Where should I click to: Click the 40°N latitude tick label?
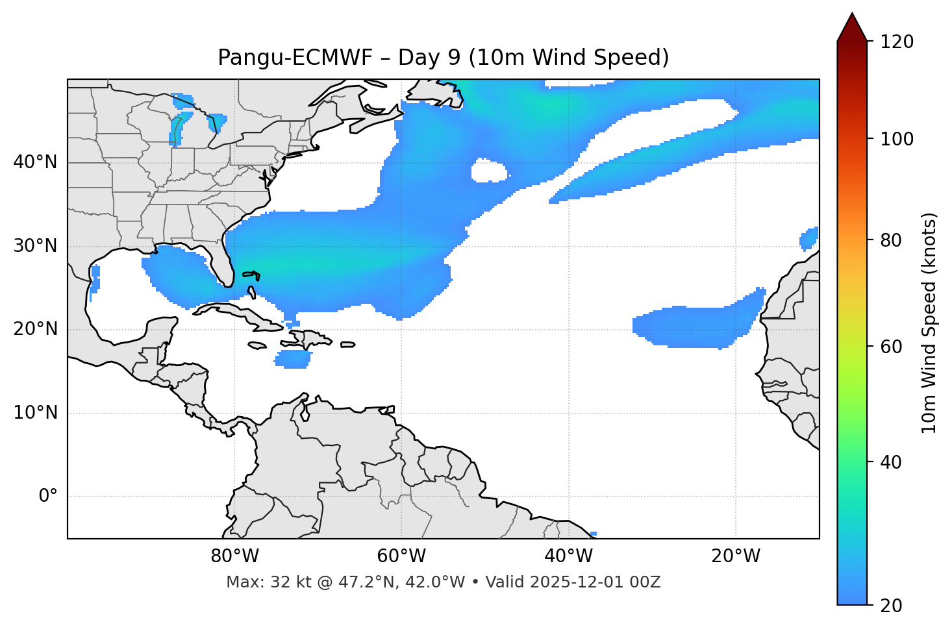pyautogui.click(x=35, y=162)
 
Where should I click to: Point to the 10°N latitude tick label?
pyautogui.click(x=35, y=413)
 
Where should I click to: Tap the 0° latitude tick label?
pyautogui.click(x=48, y=497)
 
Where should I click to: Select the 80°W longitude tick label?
pyautogui.click(x=234, y=556)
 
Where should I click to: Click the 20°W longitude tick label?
pyautogui.click(x=736, y=556)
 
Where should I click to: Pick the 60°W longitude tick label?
pyautogui.click(x=401, y=556)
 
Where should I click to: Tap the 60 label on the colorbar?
pyautogui.click(x=894, y=347)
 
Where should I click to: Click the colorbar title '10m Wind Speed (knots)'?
pyautogui.click(x=929, y=323)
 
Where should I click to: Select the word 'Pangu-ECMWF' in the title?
pyautogui.click(x=295, y=58)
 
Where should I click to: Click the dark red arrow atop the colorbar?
pyautogui.click(x=852, y=28)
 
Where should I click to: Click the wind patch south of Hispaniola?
pyautogui.click(x=293, y=359)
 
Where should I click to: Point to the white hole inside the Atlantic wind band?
pyautogui.click(x=488, y=171)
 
